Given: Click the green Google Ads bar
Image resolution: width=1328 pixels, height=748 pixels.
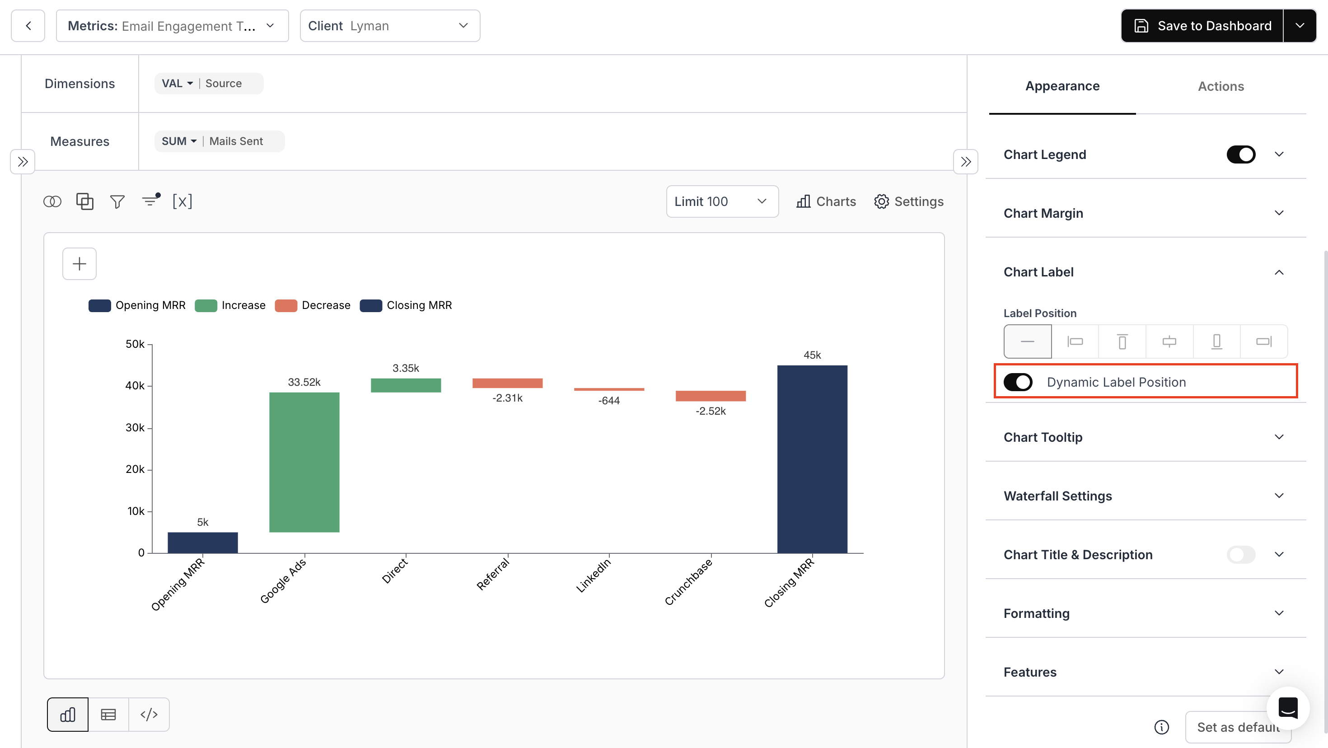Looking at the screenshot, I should pos(304,462).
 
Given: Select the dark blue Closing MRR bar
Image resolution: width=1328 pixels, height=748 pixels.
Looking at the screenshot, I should pos(812,459).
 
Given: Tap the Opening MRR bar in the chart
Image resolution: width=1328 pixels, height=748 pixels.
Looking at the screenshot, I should pos(203,542).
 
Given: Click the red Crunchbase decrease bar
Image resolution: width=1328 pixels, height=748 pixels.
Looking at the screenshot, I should pos(711,395).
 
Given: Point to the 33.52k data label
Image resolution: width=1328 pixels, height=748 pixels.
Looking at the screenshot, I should pos(304,382).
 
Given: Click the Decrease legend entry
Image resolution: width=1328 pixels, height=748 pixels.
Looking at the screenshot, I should pos(313,305).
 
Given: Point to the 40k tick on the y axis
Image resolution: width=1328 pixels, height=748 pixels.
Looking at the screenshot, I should pos(135,386).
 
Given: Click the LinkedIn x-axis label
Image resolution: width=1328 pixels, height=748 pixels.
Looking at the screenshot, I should pos(594,575).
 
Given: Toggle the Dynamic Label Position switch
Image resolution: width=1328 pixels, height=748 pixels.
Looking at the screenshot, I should pos(1018,382).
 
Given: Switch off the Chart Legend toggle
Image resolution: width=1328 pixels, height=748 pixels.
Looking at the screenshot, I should pos(1240,154).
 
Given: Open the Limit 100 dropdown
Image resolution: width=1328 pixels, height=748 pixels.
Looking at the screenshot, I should pos(722,201).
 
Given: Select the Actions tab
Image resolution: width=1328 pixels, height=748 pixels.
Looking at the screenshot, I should pos(1220,86).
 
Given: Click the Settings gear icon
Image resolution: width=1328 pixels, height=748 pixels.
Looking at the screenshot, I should pos(881,201).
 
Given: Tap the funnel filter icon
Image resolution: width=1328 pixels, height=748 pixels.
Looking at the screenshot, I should pos(117,201).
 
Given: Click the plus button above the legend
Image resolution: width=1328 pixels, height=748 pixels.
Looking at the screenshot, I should pos(79,264).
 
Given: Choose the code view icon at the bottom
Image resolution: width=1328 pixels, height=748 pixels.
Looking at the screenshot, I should pos(149,715).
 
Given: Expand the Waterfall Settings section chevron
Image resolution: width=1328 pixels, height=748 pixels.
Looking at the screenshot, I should pos(1278,496).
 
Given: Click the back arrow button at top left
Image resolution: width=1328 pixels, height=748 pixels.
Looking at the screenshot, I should pos(28,26).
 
